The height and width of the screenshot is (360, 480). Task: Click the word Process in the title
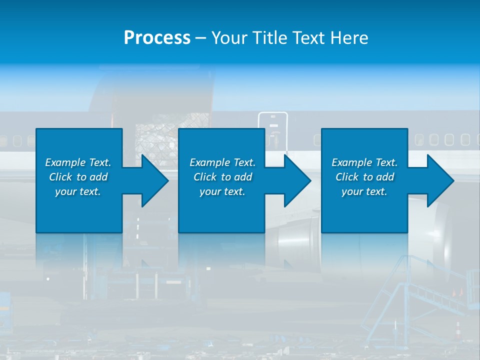tap(157, 38)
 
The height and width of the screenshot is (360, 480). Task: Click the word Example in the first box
tap(65, 162)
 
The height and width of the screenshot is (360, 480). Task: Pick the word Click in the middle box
tap(205, 177)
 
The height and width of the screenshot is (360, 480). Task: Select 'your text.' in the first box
tap(78, 191)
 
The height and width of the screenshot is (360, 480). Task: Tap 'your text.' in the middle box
tap(222, 191)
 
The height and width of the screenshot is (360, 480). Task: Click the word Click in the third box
tap(347, 177)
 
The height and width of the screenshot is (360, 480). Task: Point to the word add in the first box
tap(98, 177)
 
